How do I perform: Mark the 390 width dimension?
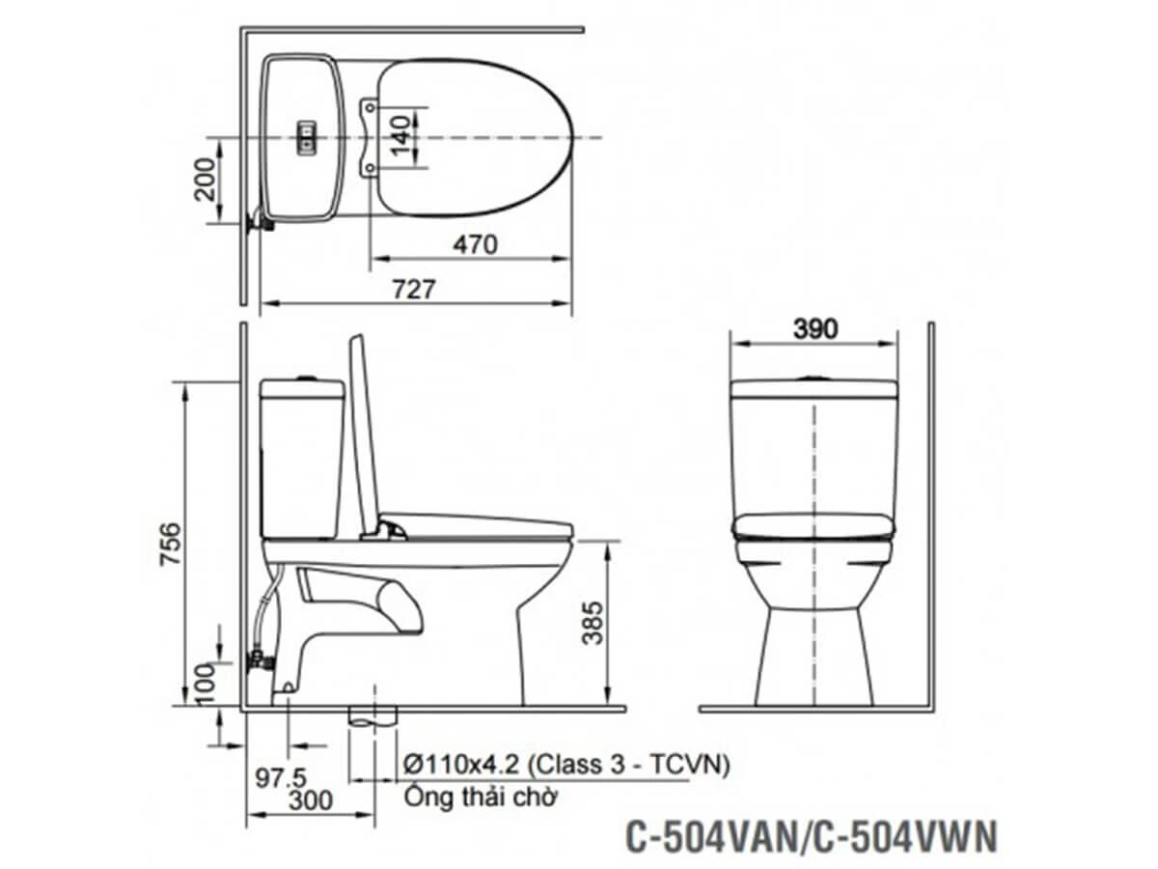pyautogui.click(x=814, y=328)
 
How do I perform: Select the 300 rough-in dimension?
pyautogui.click(x=310, y=800)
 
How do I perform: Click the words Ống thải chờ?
pyautogui.click(x=480, y=799)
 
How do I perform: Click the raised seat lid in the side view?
pyautogui.click(x=363, y=434)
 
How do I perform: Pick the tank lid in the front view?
pyautogui.click(x=814, y=389)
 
